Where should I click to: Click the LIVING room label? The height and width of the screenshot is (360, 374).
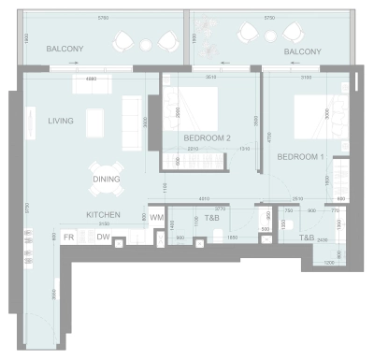click(62, 120)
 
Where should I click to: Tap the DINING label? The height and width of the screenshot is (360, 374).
click(106, 180)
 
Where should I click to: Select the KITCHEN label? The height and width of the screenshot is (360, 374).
click(104, 214)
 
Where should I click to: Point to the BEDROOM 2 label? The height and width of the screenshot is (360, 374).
click(207, 138)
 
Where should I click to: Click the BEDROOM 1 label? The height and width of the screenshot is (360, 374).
click(300, 157)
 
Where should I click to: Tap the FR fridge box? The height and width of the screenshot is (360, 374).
click(68, 238)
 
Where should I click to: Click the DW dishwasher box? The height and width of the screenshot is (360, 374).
click(102, 238)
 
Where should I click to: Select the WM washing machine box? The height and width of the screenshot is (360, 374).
click(157, 218)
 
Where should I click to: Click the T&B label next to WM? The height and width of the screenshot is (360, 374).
click(212, 218)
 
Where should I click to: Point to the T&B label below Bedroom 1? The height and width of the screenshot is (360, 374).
click(307, 238)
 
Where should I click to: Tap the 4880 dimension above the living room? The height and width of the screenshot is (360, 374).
click(90, 79)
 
